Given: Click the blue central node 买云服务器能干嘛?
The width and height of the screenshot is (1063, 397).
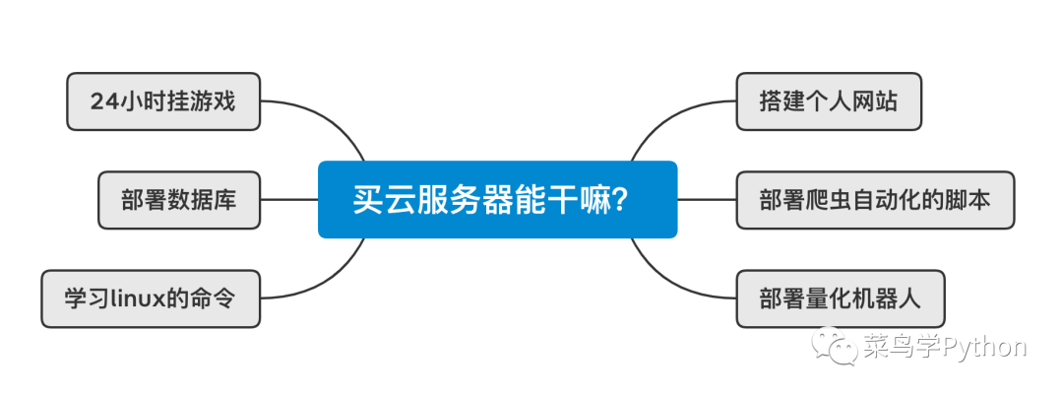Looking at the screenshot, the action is [x=497, y=199].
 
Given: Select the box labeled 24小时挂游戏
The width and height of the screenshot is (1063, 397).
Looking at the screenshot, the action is [x=163, y=100].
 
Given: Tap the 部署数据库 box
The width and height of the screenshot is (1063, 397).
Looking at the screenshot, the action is [x=179, y=199].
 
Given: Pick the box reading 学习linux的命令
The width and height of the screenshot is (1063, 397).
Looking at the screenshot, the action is [x=151, y=298].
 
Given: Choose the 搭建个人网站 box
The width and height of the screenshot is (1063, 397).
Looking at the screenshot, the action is [x=828, y=100].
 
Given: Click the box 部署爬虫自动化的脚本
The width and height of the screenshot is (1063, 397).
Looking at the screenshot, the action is [x=874, y=199].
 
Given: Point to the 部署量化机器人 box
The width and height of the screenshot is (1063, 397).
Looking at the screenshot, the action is [x=840, y=298].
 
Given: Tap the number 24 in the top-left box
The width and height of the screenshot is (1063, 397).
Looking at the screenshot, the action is [x=103, y=100].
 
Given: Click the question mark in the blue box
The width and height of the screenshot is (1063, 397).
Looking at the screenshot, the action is [x=620, y=200].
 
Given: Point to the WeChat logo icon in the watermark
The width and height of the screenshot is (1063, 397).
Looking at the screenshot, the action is [x=832, y=348].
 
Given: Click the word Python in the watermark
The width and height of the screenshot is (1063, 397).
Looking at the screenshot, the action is [x=984, y=348].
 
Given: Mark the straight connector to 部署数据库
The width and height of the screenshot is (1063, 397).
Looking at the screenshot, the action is [x=289, y=199].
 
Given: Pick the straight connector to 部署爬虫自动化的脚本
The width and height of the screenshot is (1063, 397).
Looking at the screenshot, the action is [x=707, y=199].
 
